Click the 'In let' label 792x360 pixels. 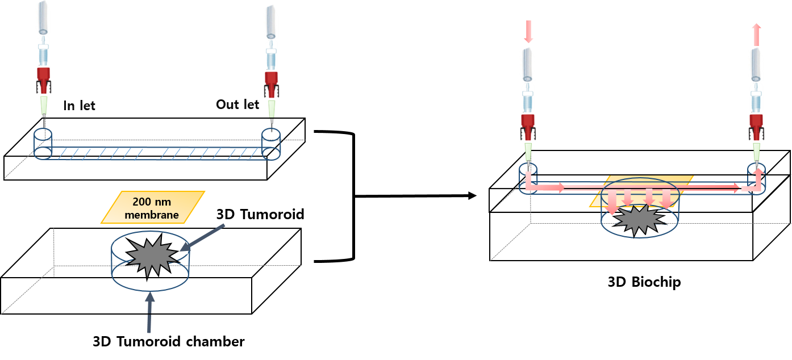tap(79, 106)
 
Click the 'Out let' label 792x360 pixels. tap(237, 104)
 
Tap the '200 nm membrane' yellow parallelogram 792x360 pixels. tap(153, 207)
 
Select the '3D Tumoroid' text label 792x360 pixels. tap(260, 215)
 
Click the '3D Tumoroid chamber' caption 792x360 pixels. tap(169, 342)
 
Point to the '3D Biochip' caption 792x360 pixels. tap(644, 282)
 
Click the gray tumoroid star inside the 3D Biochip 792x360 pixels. tap(639, 220)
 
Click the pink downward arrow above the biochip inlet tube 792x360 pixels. tap(528, 31)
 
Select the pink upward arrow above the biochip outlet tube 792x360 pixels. tap(756, 35)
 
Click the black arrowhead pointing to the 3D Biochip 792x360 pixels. tap(472, 195)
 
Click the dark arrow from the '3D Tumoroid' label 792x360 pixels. tap(203, 238)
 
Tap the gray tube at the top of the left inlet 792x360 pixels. tap(43, 18)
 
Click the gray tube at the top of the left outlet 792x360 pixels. tap(271, 22)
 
